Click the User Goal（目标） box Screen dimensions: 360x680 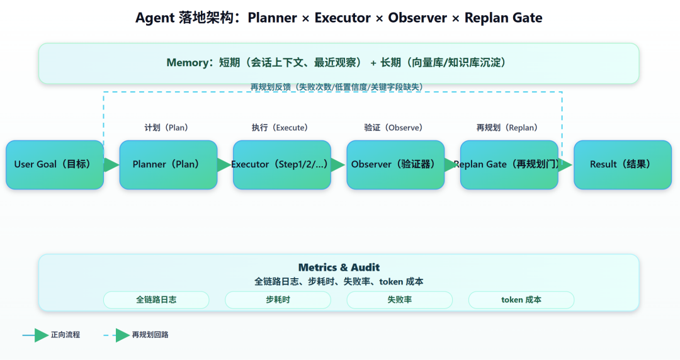[x=55, y=165]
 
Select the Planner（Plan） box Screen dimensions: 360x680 [x=168, y=165]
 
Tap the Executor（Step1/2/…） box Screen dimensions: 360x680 [x=281, y=165]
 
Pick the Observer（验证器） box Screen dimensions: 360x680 [x=395, y=165]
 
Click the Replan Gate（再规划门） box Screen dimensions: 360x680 [x=509, y=165]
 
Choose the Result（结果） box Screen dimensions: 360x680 [x=622, y=165]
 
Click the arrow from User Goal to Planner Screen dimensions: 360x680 [x=111, y=165]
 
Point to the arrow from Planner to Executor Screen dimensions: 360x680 [x=225, y=165]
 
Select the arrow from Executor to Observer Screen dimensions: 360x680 [x=338, y=165]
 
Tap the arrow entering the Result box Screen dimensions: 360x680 [x=565, y=165]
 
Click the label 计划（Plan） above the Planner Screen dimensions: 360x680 [x=166, y=128]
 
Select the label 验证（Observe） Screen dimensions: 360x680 [x=394, y=128]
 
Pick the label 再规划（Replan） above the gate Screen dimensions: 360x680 [x=507, y=128]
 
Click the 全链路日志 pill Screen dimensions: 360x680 [x=156, y=300]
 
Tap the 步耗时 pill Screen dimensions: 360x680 [x=278, y=300]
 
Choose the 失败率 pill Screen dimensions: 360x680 [x=399, y=300]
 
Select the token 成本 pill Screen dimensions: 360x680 [x=521, y=300]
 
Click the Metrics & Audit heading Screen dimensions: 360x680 [x=339, y=267]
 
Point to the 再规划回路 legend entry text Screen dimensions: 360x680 [x=150, y=335]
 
